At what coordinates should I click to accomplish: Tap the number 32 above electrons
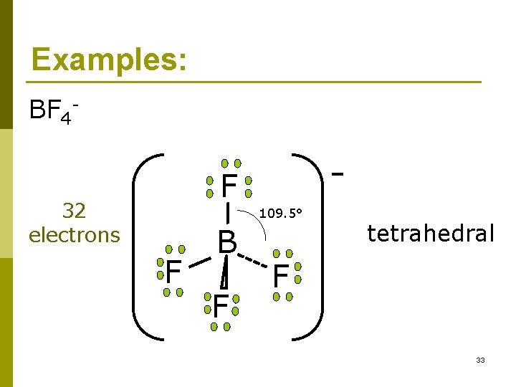click(74, 211)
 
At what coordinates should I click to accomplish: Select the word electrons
click(74, 234)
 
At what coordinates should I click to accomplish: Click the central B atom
click(227, 242)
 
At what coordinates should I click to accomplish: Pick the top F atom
click(229, 186)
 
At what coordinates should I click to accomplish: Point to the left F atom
click(172, 272)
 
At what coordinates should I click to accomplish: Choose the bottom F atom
click(220, 306)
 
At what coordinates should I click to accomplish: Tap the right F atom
click(280, 274)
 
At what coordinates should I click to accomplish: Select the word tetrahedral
click(430, 233)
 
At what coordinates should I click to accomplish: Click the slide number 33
click(479, 360)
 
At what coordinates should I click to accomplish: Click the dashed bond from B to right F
click(254, 260)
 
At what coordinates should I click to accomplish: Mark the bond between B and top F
click(228, 213)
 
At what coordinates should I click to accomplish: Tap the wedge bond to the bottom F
click(225, 273)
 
